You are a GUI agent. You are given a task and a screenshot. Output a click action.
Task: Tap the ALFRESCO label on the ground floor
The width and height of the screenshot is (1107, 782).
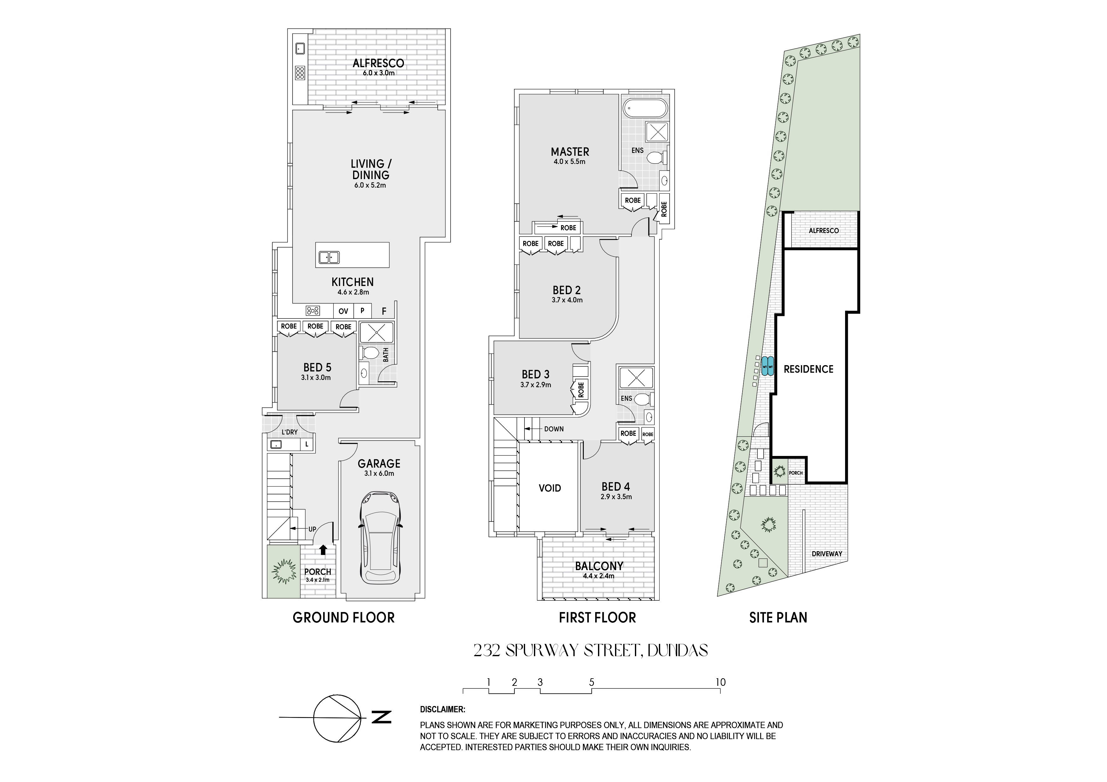(x=378, y=63)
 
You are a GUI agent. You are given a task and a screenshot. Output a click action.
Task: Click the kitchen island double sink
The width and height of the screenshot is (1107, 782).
(x=328, y=258)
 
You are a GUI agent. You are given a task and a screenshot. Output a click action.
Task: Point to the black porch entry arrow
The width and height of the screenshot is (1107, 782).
(x=323, y=550)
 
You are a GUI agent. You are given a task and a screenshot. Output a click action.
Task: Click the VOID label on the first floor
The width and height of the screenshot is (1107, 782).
(x=550, y=488)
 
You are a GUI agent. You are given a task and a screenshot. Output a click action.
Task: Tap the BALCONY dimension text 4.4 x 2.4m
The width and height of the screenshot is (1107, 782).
(x=598, y=576)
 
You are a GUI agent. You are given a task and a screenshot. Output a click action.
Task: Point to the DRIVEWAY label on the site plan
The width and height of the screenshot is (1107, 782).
(x=827, y=554)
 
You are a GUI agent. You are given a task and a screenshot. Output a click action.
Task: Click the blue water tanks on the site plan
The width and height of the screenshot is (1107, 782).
(x=767, y=367)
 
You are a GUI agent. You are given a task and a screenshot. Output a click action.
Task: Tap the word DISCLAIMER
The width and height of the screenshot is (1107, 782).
(x=443, y=710)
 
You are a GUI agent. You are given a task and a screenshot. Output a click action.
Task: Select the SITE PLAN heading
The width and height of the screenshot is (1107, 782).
(x=778, y=618)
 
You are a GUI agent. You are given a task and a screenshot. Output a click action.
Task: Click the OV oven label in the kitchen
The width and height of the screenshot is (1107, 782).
(x=343, y=311)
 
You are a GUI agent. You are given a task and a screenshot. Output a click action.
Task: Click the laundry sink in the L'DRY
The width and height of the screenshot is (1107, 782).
(x=276, y=444)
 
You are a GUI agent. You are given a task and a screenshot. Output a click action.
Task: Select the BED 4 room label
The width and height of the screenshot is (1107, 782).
(x=616, y=487)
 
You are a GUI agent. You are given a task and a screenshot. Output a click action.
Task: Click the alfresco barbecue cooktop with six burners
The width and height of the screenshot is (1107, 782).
(x=300, y=73)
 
